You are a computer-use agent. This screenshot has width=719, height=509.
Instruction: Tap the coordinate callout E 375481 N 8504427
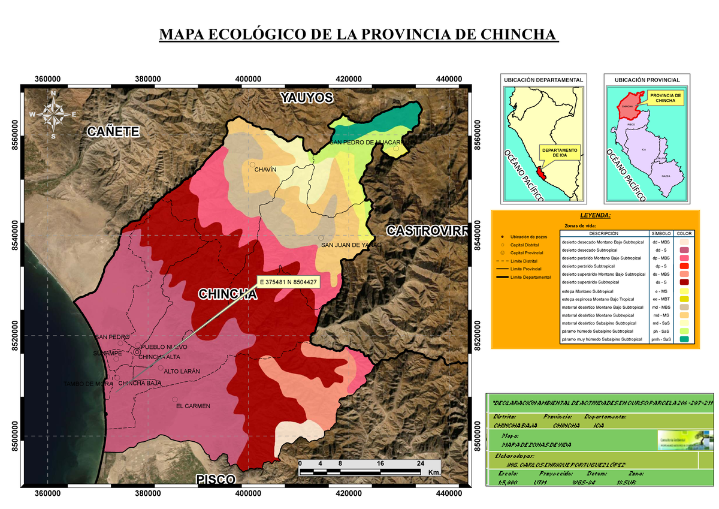(289, 281)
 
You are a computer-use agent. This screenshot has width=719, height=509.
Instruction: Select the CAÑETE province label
(113, 131)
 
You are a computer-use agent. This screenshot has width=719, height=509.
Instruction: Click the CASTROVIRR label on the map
(426, 230)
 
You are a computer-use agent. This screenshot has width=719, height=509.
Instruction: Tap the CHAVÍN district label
(265, 170)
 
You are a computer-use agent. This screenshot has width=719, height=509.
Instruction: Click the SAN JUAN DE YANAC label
(351, 245)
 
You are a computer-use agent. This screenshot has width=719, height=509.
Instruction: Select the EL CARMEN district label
(193, 406)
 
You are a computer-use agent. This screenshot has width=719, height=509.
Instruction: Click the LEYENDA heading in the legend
(595, 215)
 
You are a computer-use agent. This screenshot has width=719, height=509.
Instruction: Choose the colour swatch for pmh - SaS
(684, 339)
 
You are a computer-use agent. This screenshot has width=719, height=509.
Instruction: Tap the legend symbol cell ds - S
(661, 282)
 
